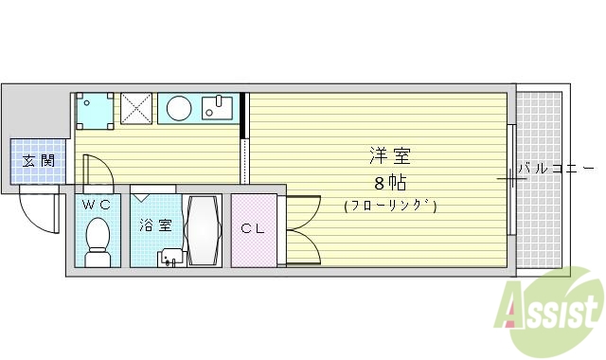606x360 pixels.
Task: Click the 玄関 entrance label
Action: (x=38, y=160)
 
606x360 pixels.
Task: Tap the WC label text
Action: (x=96, y=203)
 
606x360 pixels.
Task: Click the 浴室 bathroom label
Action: (x=156, y=225)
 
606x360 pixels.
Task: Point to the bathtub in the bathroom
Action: (x=204, y=230)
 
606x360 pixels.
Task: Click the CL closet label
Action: (x=252, y=227)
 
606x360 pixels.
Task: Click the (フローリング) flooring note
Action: (x=390, y=206)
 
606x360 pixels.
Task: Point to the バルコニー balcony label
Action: (x=551, y=169)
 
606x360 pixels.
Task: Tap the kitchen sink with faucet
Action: (x=220, y=108)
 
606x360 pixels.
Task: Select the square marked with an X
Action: (x=137, y=108)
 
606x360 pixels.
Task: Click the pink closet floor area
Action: (x=254, y=248)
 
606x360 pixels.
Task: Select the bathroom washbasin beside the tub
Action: (x=171, y=256)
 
